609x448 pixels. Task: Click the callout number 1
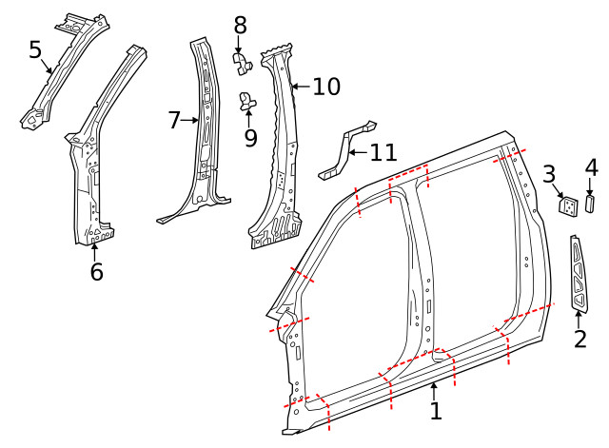(x=436, y=411)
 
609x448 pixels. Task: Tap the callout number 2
(x=580, y=338)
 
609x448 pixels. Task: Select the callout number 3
(x=549, y=174)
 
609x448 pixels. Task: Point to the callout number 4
(x=591, y=168)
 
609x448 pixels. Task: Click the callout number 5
(x=35, y=49)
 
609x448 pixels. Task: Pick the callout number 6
(x=96, y=272)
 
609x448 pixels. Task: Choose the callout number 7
(x=174, y=120)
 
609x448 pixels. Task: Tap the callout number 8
(x=240, y=25)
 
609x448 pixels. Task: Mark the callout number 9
(x=250, y=138)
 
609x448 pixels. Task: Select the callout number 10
(x=325, y=88)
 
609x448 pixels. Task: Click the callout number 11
(x=383, y=151)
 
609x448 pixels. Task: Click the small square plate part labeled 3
(x=568, y=205)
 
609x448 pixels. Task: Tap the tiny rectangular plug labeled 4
(x=589, y=204)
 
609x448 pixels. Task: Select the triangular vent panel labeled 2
(x=580, y=276)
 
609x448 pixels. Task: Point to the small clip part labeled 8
(x=241, y=63)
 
